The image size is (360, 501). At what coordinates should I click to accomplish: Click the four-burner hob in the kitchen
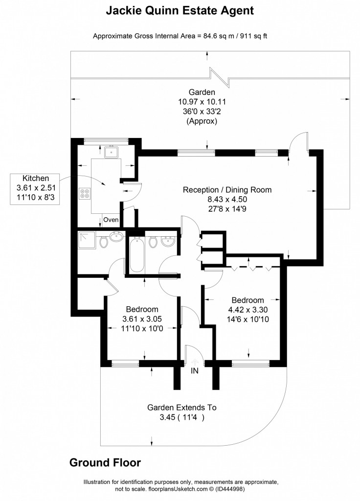(x=85, y=194)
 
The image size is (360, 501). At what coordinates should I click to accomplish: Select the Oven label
(x=111, y=220)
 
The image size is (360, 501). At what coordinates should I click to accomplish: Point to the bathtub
(x=136, y=254)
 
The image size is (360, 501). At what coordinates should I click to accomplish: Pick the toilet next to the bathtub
(x=153, y=242)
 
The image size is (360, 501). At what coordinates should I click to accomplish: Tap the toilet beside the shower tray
(x=103, y=241)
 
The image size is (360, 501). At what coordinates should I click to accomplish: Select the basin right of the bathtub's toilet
(x=168, y=241)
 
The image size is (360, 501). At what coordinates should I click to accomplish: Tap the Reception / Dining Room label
(x=227, y=190)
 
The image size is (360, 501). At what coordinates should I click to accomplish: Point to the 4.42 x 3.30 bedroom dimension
(x=247, y=309)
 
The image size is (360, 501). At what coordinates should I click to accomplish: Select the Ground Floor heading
(x=105, y=462)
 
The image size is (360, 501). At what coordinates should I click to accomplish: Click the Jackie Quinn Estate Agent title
(x=180, y=10)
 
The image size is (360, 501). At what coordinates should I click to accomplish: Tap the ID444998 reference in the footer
(x=228, y=488)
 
